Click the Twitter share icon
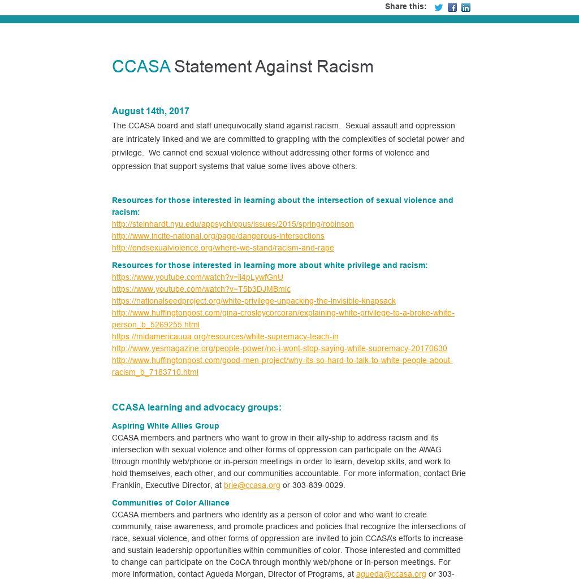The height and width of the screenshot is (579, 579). pyautogui.click(x=438, y=7)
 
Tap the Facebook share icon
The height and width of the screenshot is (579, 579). pyautogui.click(x=452, y=7)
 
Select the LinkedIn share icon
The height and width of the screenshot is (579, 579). pyautogui.click(x=466, y=7)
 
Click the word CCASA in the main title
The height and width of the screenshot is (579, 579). pyautogui.click(x=141, y=67)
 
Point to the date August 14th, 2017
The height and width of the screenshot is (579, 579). pyautogui.click(x=150, y=111)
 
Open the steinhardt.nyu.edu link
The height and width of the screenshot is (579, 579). pyautogui.click(x=232, y=224)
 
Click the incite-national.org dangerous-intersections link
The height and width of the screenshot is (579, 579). pyautogui.click(x=218, y=236)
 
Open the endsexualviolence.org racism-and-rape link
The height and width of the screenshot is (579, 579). pyautogui.click(x=223, y=248)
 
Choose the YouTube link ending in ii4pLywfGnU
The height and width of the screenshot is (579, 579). pyautogui.click(x=197, y=277)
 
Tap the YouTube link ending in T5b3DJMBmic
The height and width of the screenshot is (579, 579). pyautogui.click(x=201, y=289)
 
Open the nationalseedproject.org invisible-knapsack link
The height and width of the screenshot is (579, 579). pyautogui.click(x=253, y=301)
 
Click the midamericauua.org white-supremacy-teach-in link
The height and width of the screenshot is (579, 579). pyautogui.click(x=225, y=336)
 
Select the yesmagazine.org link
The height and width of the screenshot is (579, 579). pyautogui.click(x=279, y=348)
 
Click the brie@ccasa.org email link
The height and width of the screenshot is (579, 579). pyautogui.click(x=252, y=485)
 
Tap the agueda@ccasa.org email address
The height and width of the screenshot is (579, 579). pyautogui.click(x=391, y=574)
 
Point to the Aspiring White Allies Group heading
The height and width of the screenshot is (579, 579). pyautogui.click(x=165, y=426)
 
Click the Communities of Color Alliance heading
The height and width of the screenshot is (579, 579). pyautogui.click(x=170, y=503)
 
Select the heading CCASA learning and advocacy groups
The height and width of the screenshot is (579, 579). pyautogui.click(x=196, y=408)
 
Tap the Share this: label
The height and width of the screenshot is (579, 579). pyautogui.click(x=405, y=7)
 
